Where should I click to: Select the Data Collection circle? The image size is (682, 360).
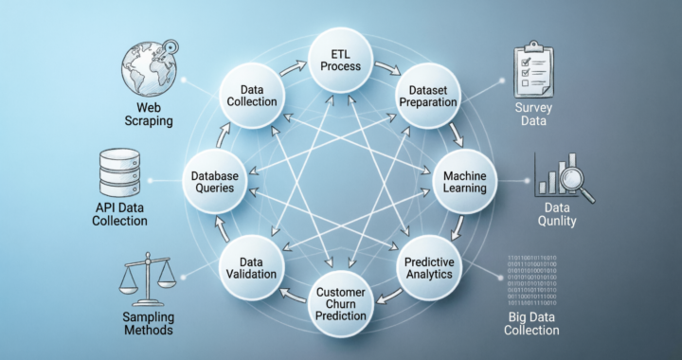tap(252, 94)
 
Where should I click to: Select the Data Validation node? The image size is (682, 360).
tap(251, 267)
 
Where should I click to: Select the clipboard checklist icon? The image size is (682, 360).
tap(533, 71)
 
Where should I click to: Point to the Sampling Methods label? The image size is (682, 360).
tap(147, 324)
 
